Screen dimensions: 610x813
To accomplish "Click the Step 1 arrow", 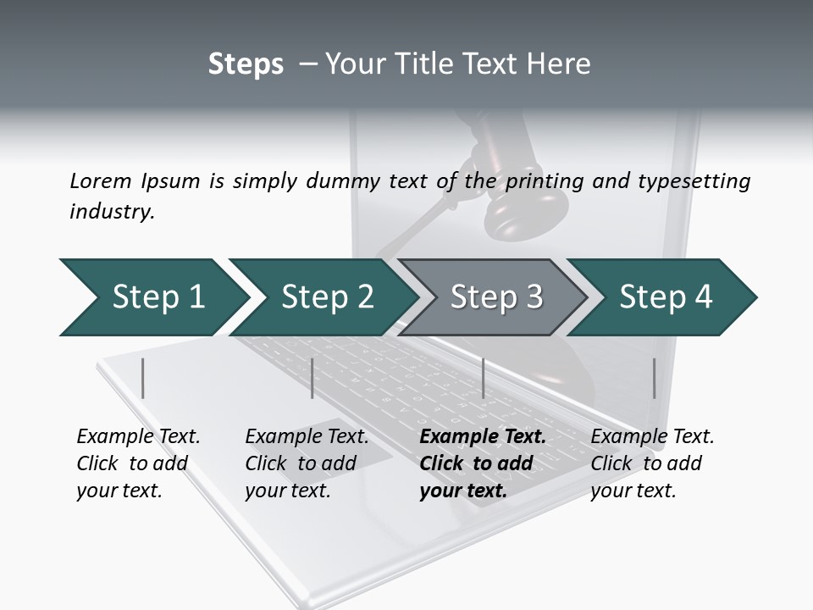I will pyautogui.click(x=152, y=297).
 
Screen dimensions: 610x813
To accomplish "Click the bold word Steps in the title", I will pyautogui.click(x=246, y=64).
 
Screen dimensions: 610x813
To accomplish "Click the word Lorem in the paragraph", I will pyautogui.click(x=100, y=180).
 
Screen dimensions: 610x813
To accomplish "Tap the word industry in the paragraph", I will pyautogui.click(x=112, y=211).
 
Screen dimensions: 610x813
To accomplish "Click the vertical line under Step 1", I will pyautogui.click(x=143, y=378).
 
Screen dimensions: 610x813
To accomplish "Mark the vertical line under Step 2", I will pyautogui.click(x=312, y=378).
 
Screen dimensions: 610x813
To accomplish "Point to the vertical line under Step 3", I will pyautogui.click(x=483, y=378).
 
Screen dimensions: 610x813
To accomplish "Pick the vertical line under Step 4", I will pyautogui.click(x=654, y=378).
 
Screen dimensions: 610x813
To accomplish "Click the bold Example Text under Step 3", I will pyautogui.click(x=483, y=437).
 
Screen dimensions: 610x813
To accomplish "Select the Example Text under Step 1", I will pyautogui.click(x=138, y=437).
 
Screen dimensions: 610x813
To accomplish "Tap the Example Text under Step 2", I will pyautogui.click(x=307, y=437).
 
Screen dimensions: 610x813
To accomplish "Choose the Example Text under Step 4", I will pyautogui.click(x=652, y=437).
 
